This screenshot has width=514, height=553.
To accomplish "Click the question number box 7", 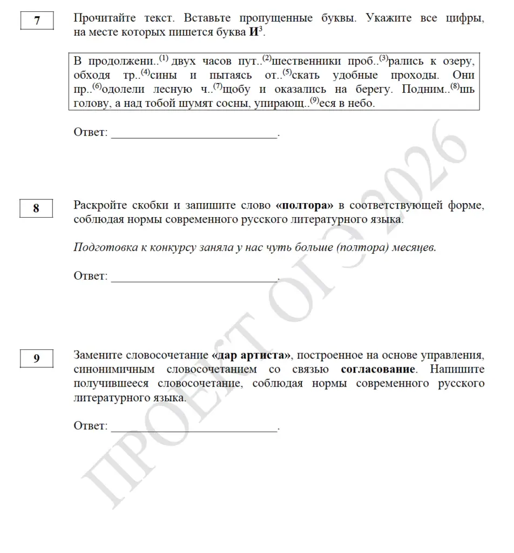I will click(x=37, y=21).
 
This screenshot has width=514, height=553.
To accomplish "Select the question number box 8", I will click(x=36, y=208).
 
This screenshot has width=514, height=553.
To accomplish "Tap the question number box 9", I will click(x=36, y=359).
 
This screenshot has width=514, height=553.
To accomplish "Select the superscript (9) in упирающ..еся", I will click(x=314, y=100).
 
